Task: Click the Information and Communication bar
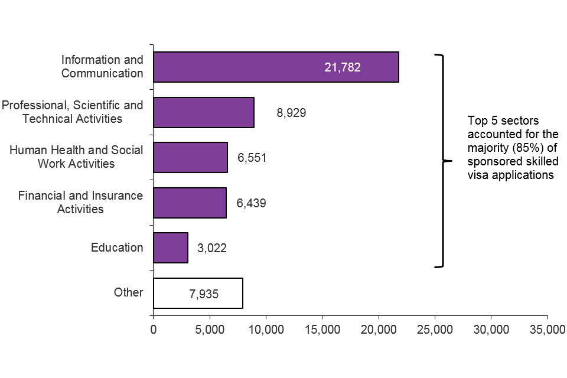click(x=276, y=67)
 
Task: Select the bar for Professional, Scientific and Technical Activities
click(x=204, y=112)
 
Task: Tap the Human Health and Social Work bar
click(x=190, y=157)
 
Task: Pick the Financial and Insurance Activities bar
click(x=190, y=203)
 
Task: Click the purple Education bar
click(x=171, y=247)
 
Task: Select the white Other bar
click(x=198, y=293)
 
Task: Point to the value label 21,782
click(x=342, y=67)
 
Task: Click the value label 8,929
click(x=291, y=112)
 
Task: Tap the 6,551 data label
click(x=252, y=158)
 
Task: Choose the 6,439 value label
click(x=251, y=203)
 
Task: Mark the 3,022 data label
click(x=212, y=248)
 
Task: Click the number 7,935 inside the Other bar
click(x=204, y=294)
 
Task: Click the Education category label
click(x=117, y=247)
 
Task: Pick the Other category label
click(x=129, y=292)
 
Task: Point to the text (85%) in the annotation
click(x=525, y=148)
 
